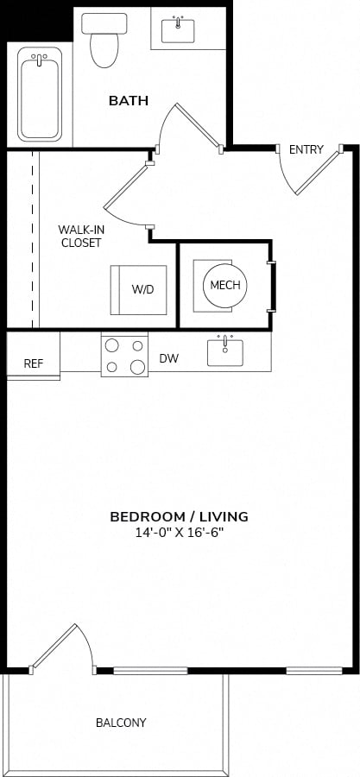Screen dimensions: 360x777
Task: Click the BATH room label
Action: point(129,101)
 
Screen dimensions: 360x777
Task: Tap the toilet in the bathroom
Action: point(104,40)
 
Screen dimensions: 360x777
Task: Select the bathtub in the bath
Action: point(40,94)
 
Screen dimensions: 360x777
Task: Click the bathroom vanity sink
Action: point(178,30)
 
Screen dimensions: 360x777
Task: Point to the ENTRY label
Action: point(306,149)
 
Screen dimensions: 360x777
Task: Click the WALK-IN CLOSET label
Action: point(79,237)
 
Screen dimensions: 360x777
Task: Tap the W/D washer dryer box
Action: point(138,290)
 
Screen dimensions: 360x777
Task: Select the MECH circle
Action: point(225,285)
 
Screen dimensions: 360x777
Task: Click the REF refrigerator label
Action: point(33,363)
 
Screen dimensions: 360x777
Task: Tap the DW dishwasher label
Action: point(169,358)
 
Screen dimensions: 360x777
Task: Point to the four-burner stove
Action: point(124,354)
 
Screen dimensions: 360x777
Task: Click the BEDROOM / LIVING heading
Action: point(179,517)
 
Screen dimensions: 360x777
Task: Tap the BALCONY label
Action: point(121,723)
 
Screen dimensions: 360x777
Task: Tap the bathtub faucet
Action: point(39,59)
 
